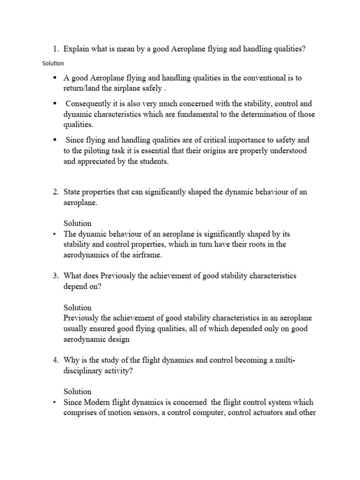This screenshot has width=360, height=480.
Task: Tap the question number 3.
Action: [x=55, y=276]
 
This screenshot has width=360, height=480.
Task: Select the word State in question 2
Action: [x=72, y=192]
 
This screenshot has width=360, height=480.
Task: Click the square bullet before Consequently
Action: [x=55, y=102]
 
